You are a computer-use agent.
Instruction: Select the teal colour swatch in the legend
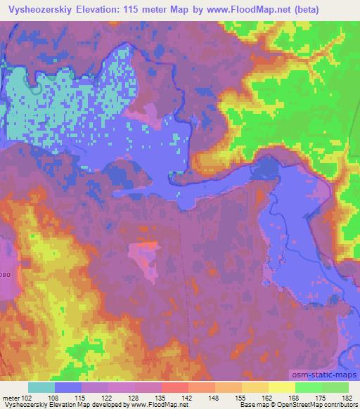click(41, 387)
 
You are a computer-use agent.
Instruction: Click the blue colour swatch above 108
click(68, 387)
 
